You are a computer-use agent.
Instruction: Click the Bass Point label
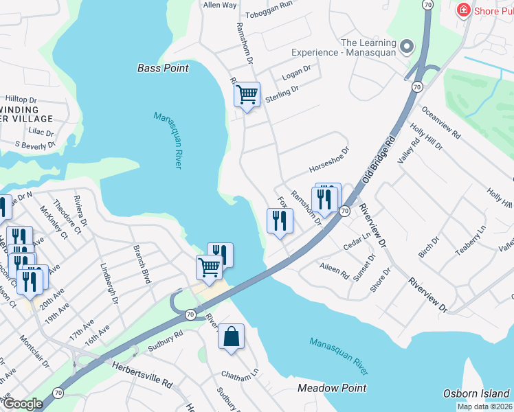[x=163, y=68]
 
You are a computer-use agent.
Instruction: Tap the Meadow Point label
[x=332, y=388]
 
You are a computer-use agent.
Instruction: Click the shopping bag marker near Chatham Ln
[x=231, y=338]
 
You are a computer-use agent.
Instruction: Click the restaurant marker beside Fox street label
[x=280, y=221]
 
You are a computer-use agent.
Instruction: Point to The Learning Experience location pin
[x=407, y=47]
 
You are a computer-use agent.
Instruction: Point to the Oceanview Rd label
[x=441, y=122]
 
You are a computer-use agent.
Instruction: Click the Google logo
[x=23, y=404]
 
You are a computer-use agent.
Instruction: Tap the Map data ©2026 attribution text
[x=485, y=407]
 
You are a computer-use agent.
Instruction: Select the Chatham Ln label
[x=239, y=375]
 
